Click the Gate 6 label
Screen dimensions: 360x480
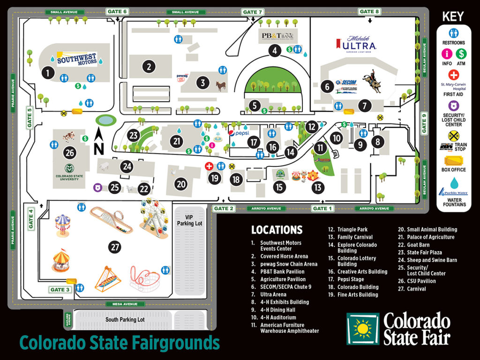pos(117,12)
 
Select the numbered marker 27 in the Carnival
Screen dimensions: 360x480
pos(115,247)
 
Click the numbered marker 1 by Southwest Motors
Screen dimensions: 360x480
pos(47,73)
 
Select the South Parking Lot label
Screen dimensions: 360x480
pos(125,320)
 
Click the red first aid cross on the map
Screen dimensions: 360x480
pos(209,166)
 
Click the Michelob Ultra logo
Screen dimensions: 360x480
pos(356,45)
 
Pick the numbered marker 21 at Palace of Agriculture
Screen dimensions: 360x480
pos(177,141)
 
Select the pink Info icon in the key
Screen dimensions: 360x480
pos(446,54)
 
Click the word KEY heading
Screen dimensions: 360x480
pos(453,16)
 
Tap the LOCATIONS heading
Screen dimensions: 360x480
pos(277,230)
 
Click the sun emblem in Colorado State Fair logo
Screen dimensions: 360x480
pos(362,329)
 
